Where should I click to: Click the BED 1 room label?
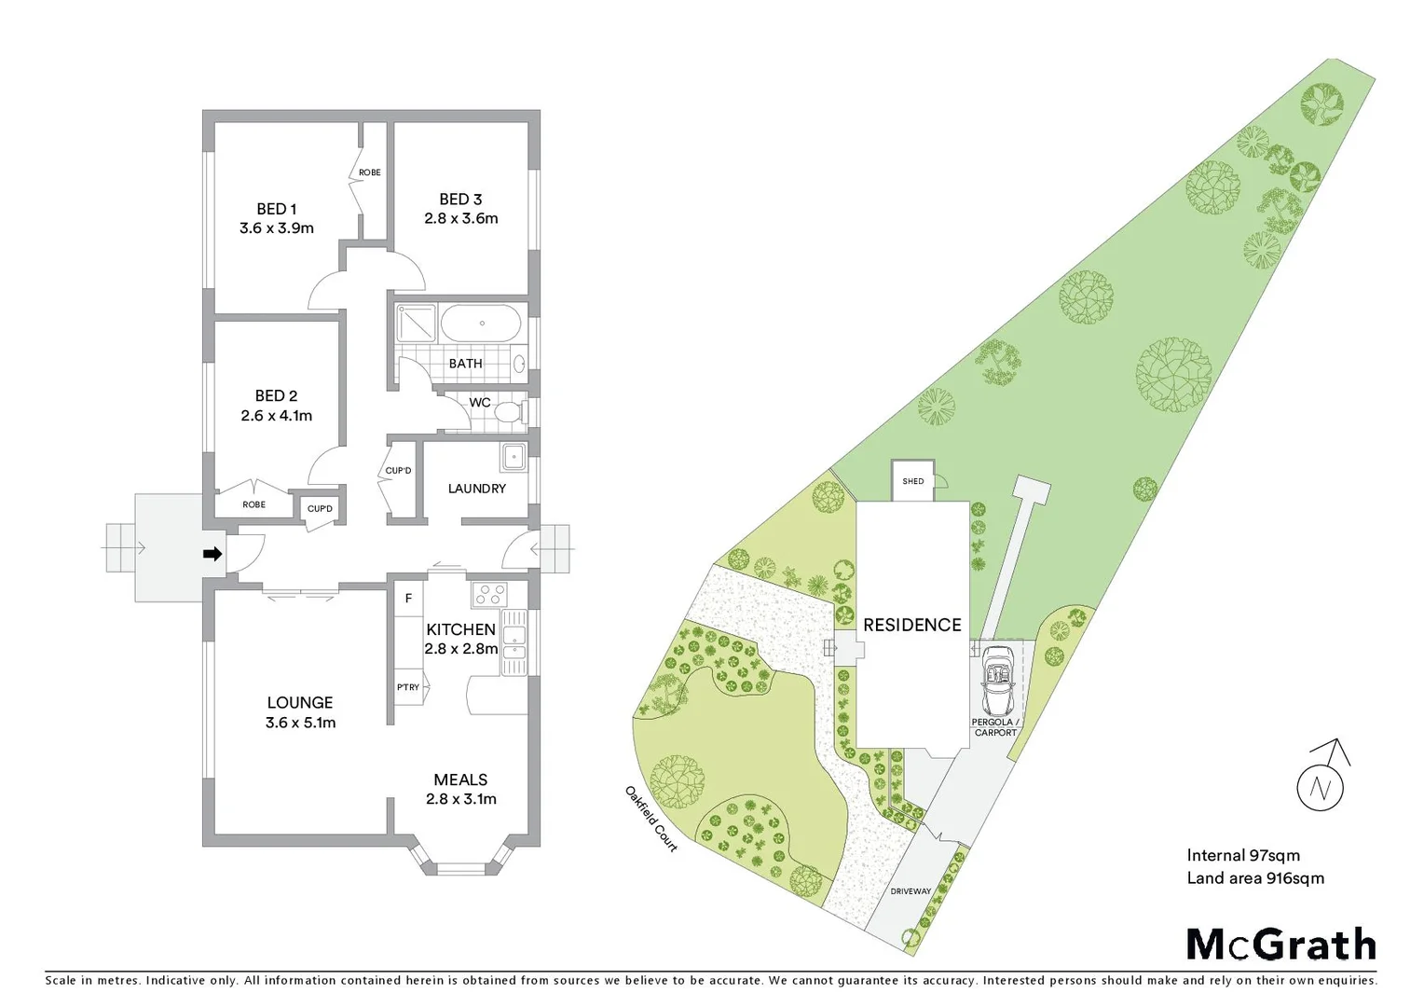point(276,209)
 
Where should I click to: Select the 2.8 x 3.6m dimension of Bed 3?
point(460,219)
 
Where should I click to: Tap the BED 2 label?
point(276,396)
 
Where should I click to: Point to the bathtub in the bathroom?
point(482,324)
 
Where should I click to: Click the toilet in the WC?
point(509,411)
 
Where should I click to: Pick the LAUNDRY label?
point(476,489)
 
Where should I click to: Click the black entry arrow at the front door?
point(212,554)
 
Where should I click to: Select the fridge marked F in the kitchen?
point(408,599)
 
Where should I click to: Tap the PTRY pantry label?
point(407,687)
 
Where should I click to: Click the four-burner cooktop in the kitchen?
point(488,594)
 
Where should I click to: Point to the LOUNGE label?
point(299,703)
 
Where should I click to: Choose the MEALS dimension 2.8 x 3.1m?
point(460,799)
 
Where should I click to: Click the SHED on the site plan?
point(913,481)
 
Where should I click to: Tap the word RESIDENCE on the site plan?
point(911,626)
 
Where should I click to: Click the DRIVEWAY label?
point(910,891)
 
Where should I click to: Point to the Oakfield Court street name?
point(650,818)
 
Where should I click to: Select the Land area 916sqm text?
point(1254,878)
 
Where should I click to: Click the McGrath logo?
point(1280,945)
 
